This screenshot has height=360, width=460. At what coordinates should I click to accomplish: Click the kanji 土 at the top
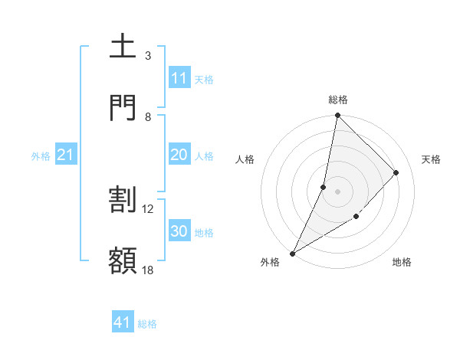[x=123, y=46]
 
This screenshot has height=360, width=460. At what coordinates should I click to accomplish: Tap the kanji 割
[x=123, y=199]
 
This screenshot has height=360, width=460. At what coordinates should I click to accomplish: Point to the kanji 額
[x=123, y=260]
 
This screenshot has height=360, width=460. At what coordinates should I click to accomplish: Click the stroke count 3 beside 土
[x=148, y=56]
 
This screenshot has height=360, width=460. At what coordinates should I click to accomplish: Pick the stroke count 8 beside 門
[x=148, y=116]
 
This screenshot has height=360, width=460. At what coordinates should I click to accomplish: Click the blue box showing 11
[x=179, y=78]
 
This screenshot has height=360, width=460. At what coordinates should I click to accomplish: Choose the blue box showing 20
[x=179, y=155]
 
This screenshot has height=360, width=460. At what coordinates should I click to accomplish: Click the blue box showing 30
[x=179, y=231]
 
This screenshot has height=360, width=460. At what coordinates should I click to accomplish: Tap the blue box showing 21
[x=66, y=155]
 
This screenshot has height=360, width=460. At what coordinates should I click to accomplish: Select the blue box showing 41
[x=123, y=322]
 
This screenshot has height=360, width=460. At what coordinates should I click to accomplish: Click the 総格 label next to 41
[x=147, y=324]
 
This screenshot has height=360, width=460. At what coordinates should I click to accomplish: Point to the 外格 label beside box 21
[x=41, y=156]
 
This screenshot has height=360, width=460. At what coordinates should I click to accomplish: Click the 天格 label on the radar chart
[x=432, y=159]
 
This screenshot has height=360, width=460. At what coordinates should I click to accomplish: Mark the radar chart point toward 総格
[x=337, y=115]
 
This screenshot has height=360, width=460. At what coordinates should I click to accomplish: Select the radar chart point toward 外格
[x=292, y=254]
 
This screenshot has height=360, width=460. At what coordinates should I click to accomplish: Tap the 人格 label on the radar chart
[x=245, y=159]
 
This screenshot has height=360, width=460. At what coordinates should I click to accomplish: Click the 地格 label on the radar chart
[x=402, y=263]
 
